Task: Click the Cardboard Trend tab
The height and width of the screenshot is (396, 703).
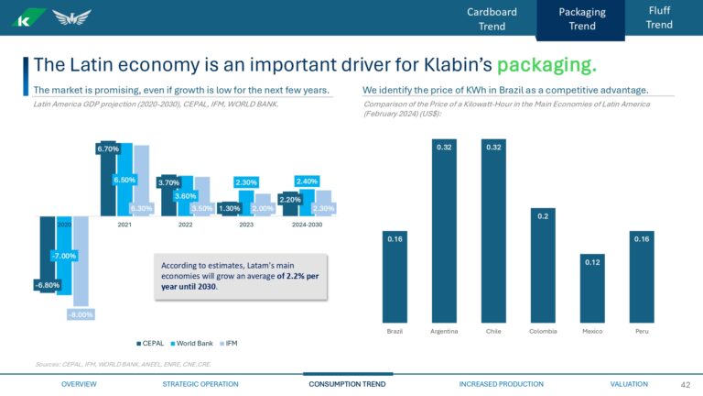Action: pyautogui.click(x=492, y=18)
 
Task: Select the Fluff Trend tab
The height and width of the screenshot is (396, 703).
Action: pyautogui.click(x=659, y=16)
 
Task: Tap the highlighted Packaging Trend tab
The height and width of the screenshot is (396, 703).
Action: pyautogui.click(x=581, y=19)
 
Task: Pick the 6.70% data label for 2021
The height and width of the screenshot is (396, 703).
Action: pyautogui.click(x=108, y=148)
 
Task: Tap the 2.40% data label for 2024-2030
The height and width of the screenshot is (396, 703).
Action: pyautogui.click(x=307, y=181)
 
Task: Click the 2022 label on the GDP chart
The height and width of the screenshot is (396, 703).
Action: pyautogui.click(x=185, y=225)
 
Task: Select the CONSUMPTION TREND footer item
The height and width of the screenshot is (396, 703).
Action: pyautogui.click(x=347, y=384)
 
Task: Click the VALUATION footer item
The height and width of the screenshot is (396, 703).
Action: pyautogui.click(x=628, y=384)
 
